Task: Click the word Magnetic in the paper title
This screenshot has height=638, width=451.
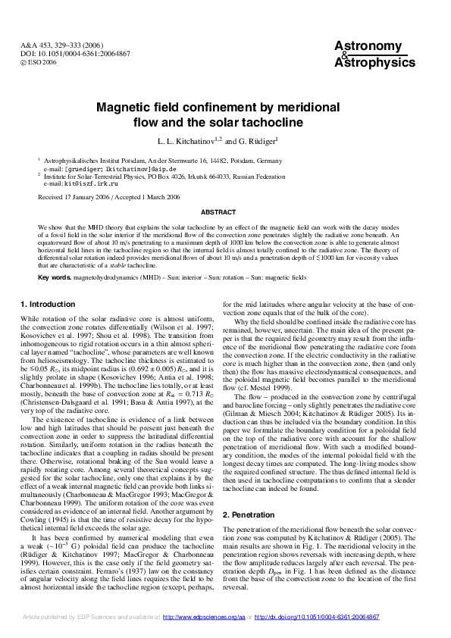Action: pos(125,108)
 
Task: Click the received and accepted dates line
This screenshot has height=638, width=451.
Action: pos(108,197)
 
